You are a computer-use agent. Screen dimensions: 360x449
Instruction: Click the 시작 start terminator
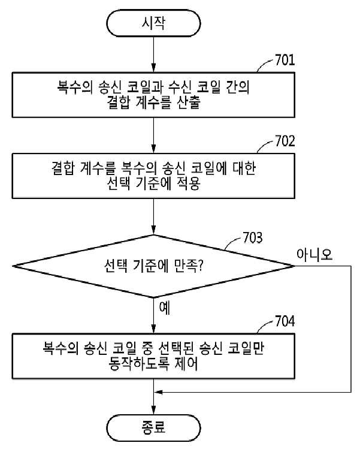(x=153, y=23)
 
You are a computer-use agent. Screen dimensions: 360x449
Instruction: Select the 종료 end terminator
(x=153, y=428)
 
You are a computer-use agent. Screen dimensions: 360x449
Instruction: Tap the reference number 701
(x=285, y=60)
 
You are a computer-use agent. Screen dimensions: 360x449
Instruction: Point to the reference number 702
(x=285, y=141)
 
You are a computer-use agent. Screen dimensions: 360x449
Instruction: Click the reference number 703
(x=253, y=237)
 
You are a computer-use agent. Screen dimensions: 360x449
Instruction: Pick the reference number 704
(x=285, y=321)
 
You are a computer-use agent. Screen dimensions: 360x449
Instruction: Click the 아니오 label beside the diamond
(x=314, y=254)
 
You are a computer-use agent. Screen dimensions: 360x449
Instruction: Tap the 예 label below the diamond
(x=165, y=308)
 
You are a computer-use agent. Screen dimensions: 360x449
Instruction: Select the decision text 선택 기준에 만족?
(x=153, y=266)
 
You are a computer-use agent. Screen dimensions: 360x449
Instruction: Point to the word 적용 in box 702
(x=187, y=183)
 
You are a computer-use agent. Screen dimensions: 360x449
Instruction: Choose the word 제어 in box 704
(x=186, y=364)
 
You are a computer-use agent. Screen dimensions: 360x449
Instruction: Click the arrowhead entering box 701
(x=154, y=68)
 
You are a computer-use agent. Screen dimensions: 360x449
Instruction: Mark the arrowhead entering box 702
(x=154, y=149)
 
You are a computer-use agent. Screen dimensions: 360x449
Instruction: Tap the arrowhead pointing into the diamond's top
(x=154, y=231)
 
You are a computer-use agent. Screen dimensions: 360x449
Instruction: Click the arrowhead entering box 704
(x=154, y=329)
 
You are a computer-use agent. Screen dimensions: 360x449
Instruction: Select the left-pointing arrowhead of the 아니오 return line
(x=158, y=392)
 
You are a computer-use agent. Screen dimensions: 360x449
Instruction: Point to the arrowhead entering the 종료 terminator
(x=154, y=410)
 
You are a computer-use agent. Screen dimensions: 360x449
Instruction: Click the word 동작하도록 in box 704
(x=138, y=364)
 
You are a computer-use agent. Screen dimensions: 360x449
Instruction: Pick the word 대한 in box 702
(x=244, y=168)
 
